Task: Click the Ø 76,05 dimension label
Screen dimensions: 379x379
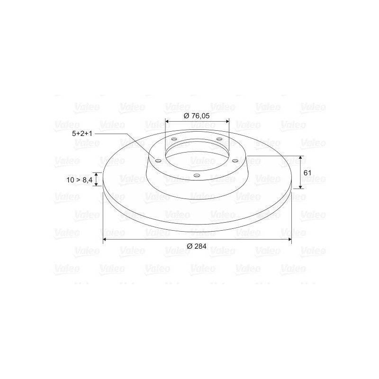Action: click(x=197, y=116)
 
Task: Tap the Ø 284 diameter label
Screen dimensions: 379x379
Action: click(x=197, y=246)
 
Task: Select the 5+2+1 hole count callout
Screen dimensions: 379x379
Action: click(x=82, y=134)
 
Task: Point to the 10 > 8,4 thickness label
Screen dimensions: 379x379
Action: click(x=80, y=180)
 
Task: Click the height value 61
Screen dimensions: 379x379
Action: click(x=307, y=173)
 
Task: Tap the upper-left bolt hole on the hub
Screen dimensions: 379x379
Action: click(x=174, y=139)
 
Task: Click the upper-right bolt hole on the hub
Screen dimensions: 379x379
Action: click(x=219, y=139)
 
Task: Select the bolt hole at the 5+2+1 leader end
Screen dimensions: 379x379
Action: click(x=158, y=161)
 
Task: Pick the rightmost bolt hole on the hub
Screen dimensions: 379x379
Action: click(x=235, y=161)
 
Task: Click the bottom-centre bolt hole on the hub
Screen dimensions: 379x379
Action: click(x=197, y=175)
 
